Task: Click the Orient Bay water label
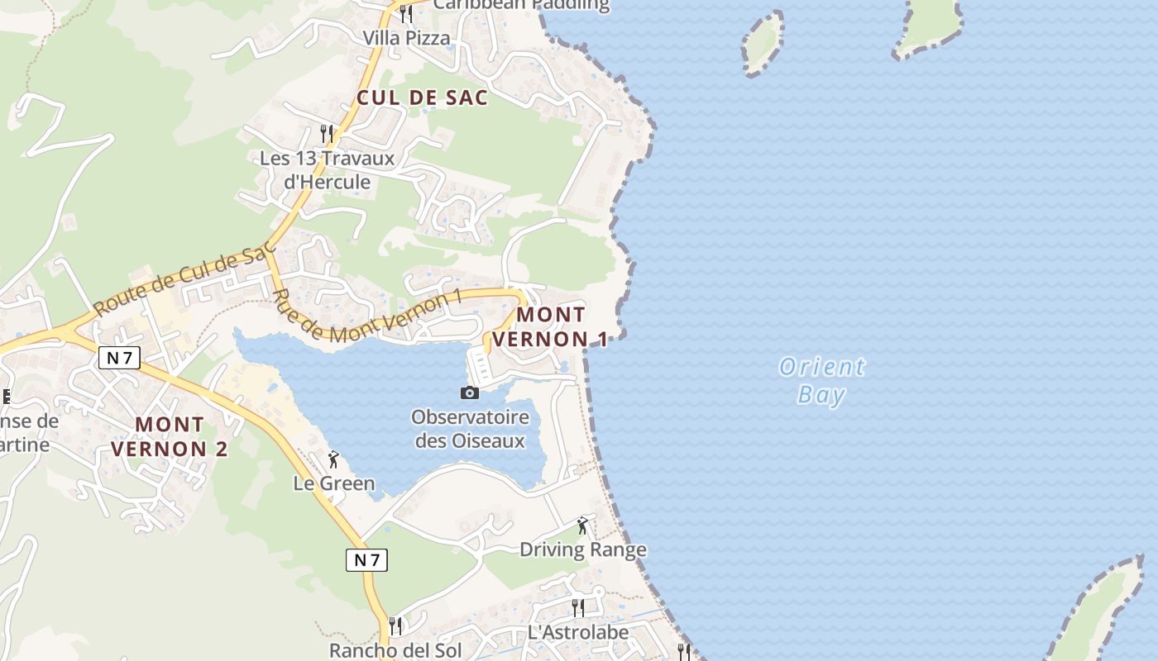pos(821,380)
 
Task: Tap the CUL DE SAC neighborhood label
pos(422,97)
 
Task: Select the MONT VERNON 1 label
pos(550,326)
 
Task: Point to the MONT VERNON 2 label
pos(169,436)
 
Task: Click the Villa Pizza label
pos(407,38)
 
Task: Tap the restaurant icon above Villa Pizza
pos(405,13)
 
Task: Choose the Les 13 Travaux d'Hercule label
pos(327,169)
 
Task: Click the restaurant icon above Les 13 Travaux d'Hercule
pos(327,133)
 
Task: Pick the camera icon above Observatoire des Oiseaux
pos(470,392)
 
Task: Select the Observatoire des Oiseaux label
pos(470,428)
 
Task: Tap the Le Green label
pos(334,483)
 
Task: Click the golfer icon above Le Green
pos(334,459)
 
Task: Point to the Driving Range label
pos(583,549)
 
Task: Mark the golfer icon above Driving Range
pos(583,525)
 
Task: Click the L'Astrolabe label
pos(578,632)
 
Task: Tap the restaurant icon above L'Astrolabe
pos(578,608)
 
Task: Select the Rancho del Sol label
pos(395,650)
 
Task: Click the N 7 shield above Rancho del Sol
pos(366,560)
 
